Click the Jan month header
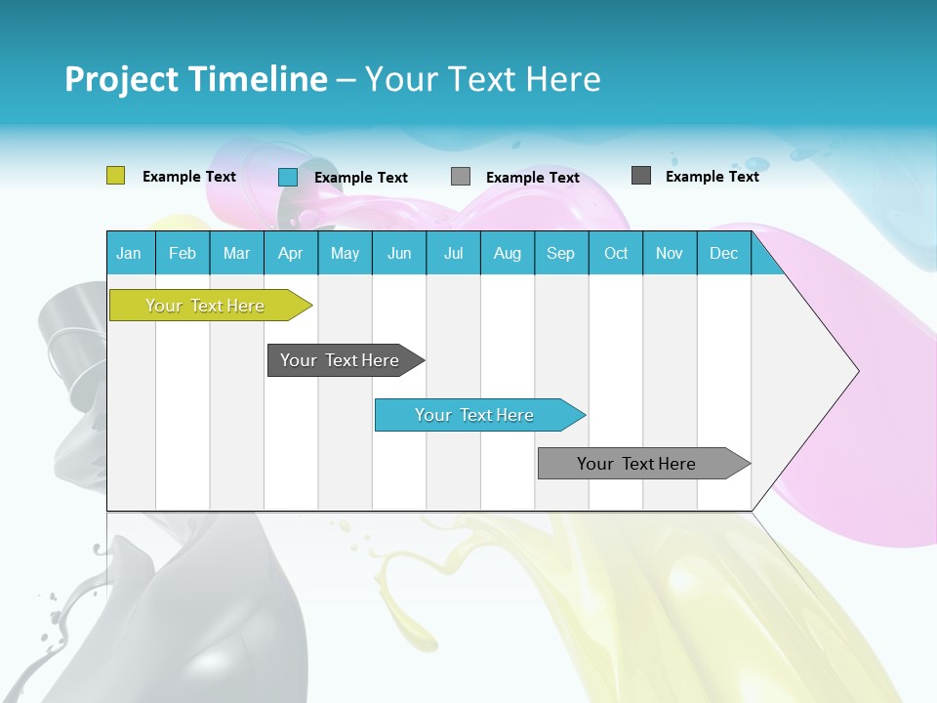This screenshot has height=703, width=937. [130, 253]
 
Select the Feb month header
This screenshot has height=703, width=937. [183, 253]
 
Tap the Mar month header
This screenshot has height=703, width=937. [236, 253]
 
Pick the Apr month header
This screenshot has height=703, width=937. [290, 253]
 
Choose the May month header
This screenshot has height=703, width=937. [345, 253]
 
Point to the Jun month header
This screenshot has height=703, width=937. [399, 253]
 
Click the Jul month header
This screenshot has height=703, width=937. [453, 253]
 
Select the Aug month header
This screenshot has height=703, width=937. [508, 253]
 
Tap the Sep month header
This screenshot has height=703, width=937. [561, 253]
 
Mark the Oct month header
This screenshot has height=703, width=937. [616, 253]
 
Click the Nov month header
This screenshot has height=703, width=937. [670, 253]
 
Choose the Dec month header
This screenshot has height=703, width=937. [724, 253]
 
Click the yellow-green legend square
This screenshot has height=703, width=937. [116, 176]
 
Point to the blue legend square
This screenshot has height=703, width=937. [288, 177]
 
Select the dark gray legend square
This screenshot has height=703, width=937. [641, 176]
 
